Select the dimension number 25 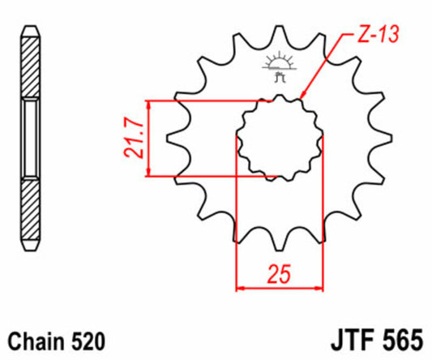[279, 276]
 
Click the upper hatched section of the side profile [30, 68]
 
